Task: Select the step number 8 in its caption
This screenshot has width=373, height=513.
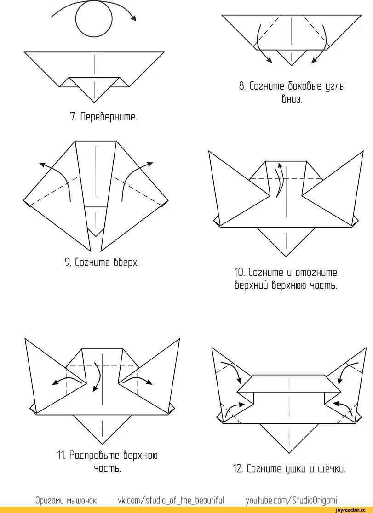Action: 242,86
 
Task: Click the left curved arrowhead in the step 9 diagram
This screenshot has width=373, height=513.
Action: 42,164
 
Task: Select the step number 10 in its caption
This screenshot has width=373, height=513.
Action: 239,273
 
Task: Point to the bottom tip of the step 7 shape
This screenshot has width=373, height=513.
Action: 94,102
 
